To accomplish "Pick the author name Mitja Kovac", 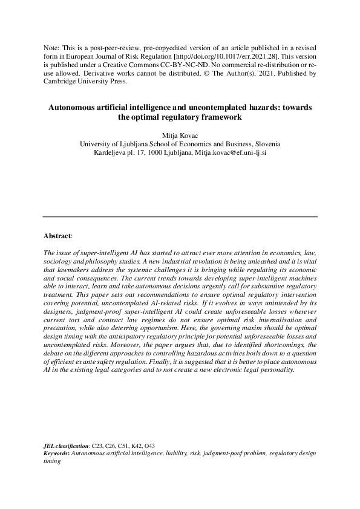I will point(180,135).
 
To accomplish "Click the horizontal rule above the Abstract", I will point(180,216).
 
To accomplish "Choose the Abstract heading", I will point(57,235).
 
